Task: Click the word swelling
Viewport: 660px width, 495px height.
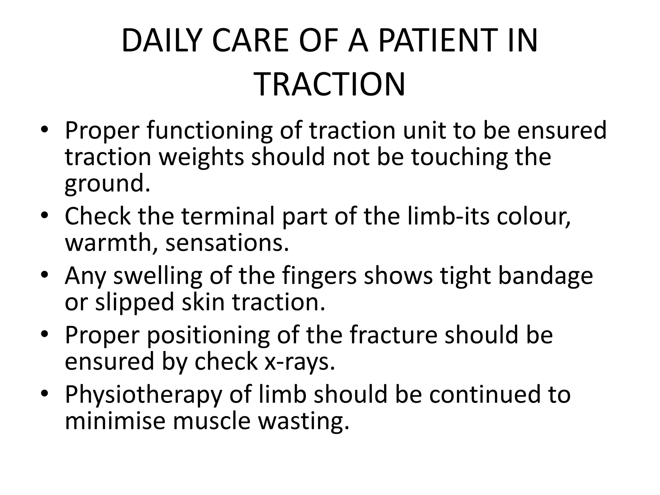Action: tap(158, 277)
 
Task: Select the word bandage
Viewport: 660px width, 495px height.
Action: tap(545, 277)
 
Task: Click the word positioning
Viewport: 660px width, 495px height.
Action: tap(208, 336)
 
